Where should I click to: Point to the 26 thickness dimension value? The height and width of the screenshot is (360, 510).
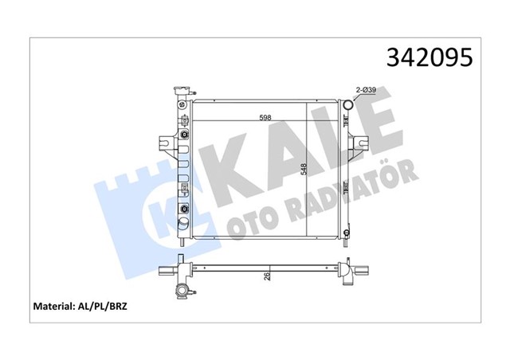[268, 276]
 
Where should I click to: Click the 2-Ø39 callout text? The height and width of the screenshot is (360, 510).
[366, 91]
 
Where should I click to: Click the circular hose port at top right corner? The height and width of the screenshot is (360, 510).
[347, 104]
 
